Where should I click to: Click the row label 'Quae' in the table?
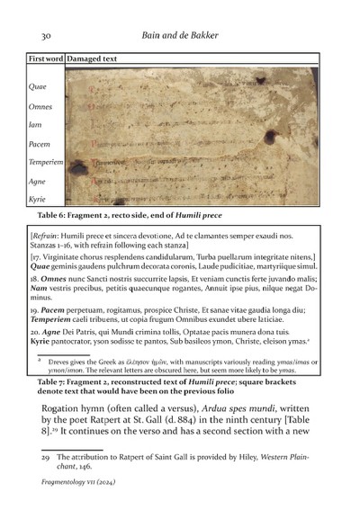39,87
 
